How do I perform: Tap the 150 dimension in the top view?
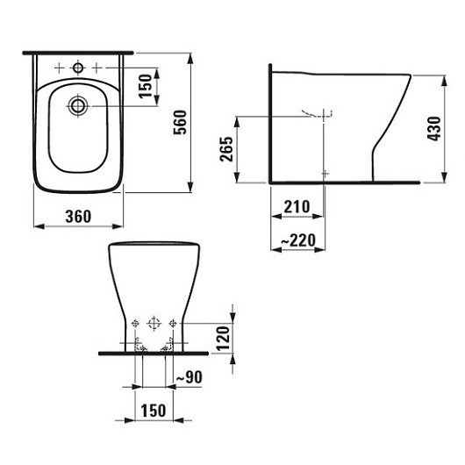click(x=147, y=85)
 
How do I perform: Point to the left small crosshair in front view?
click(x=135, y=325)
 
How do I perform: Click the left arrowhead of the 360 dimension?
click(x=37, y=227)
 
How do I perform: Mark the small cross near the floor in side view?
click(x=325, y=172)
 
